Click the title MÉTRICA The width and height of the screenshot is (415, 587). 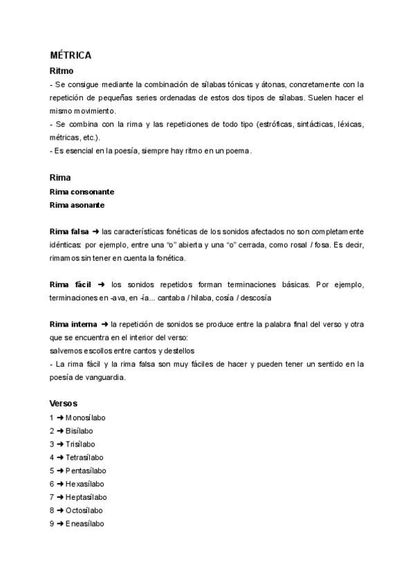click(71, 55)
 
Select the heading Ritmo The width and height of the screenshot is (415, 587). click(62, 71)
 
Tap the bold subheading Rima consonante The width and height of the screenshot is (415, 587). click(82, 191)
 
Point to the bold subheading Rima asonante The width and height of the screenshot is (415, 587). click(77, 204)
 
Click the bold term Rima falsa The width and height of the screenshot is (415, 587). click(69, 231)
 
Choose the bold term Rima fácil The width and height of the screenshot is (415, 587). click(71, 285)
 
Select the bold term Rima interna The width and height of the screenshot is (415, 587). click(73, 324)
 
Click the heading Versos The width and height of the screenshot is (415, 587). click(64, 403)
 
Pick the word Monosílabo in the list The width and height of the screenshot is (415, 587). click(86, 417)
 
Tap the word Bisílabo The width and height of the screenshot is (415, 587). click(80, 431)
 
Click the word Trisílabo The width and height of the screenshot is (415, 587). click(81, 444)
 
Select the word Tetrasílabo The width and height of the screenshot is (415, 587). click(84, 457)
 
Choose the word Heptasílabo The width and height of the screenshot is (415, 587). click(86, 497)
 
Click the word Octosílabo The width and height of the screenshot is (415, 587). click(84, 510)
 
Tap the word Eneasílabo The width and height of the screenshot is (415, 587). click(84, 524)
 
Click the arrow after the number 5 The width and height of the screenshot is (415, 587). click(59, 471)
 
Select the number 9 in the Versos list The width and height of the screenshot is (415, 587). click(52, 524)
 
